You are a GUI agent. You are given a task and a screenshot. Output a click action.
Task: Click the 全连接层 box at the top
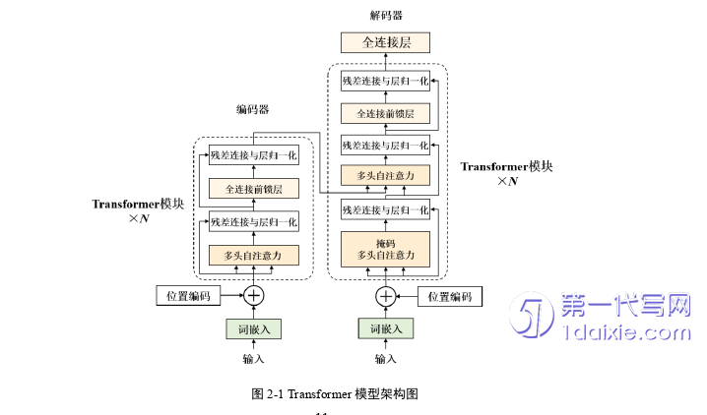point(385,42)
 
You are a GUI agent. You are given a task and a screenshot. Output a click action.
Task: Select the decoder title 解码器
point(386,16)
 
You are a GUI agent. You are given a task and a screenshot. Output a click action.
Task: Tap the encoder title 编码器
point(253,109)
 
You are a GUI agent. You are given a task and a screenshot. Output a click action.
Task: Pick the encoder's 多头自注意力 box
point(253,256)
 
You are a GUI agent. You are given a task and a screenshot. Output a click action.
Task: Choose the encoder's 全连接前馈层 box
point(253,188)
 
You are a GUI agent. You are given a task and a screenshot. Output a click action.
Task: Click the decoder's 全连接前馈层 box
point(385,113)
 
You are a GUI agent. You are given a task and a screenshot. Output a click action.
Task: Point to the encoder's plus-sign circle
point(254,295)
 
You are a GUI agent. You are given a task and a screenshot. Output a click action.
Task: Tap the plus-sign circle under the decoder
point(385,295)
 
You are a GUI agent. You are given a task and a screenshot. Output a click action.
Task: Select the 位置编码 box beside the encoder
point(188,296)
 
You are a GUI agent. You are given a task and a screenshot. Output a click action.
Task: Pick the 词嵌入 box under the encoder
point(254,328)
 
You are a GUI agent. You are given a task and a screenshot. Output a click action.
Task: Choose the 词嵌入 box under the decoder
point(385,328)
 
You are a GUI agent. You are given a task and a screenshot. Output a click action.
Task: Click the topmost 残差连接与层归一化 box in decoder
point(385,80)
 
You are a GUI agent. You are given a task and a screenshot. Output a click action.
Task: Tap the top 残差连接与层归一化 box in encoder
point(253,154)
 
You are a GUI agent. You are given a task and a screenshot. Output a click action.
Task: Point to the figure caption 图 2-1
point(336,394)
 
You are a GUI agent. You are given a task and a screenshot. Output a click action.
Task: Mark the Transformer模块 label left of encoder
point(139,204)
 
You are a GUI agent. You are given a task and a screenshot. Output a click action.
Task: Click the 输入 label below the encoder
point(254,359)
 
